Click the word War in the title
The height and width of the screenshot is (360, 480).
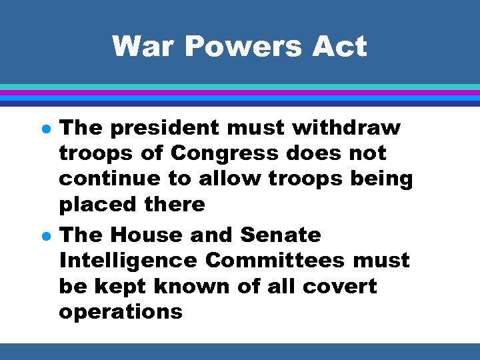point(142,47)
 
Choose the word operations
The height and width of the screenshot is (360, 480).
point(121,312)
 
